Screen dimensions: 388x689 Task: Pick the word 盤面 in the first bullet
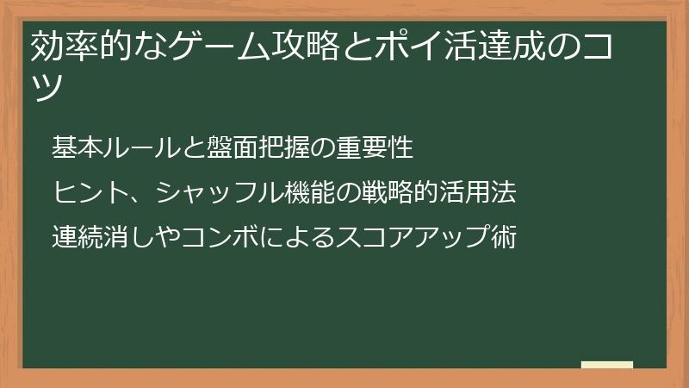pyautogui.click(x=227, y=148)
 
